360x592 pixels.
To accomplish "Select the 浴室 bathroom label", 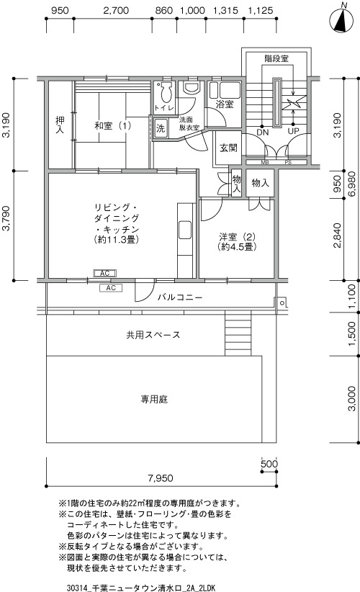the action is (225, 104).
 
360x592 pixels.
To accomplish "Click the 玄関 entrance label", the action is (228, 148).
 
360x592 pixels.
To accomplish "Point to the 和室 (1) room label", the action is (113, 125).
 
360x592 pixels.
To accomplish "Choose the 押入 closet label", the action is (60, 125).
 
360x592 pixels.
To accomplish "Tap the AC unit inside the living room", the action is (104, 273).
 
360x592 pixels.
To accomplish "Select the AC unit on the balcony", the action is (111, 288).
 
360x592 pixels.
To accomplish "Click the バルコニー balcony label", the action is (180, 297).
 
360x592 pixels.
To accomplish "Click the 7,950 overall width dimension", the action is (161, 478).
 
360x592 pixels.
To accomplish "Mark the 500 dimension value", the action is (269, 464).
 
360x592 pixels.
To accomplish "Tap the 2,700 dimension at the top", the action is (116, 10).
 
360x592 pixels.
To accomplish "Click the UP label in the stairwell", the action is (293, 131).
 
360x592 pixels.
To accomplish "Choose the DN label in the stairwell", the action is (262, 132).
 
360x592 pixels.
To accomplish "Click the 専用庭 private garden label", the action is (154, 399).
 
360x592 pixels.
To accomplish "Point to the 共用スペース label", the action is (153, 335).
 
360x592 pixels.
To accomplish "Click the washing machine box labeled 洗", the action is (161, 128).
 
